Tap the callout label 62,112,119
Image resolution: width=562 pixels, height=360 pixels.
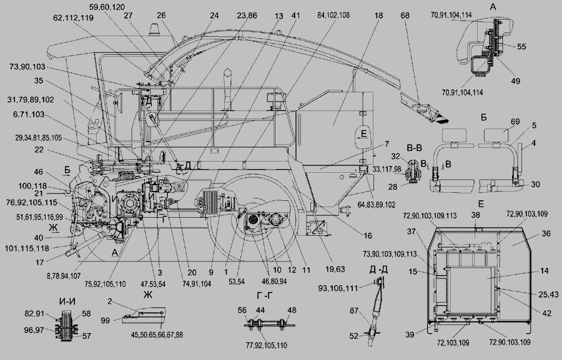point(73,18)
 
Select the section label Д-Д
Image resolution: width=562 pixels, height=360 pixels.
point(378,270)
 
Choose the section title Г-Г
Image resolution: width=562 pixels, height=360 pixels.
point(265,296)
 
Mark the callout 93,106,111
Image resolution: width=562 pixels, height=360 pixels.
point(338,287)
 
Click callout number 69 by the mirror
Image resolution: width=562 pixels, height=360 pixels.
point(515,122)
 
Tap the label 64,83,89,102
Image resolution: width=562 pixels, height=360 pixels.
point(377,205)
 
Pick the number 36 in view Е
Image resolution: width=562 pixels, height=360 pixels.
point(546,233)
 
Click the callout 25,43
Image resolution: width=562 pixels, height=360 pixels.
point(548,294)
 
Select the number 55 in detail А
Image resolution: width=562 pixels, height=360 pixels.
point(521,47)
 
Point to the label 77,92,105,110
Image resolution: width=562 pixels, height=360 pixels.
point(266,345)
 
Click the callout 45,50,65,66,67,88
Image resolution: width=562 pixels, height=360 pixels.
point(157,335)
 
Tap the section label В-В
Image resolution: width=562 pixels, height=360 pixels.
point(415,148)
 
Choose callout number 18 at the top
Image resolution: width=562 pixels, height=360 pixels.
point(378,16)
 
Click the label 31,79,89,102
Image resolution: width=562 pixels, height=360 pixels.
point(31,100)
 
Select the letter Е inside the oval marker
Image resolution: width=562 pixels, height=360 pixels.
point(364,134)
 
